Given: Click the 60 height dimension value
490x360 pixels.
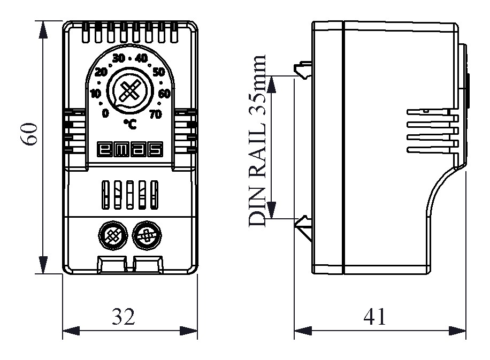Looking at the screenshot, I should click(29, 134).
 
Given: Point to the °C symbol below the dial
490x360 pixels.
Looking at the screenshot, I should click(130, 124).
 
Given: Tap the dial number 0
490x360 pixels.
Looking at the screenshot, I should click(105, 113).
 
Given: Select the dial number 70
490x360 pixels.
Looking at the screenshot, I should click(156, 113).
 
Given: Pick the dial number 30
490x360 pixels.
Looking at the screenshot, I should click(118, 58).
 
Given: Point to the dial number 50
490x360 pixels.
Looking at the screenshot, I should click(159, 72).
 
